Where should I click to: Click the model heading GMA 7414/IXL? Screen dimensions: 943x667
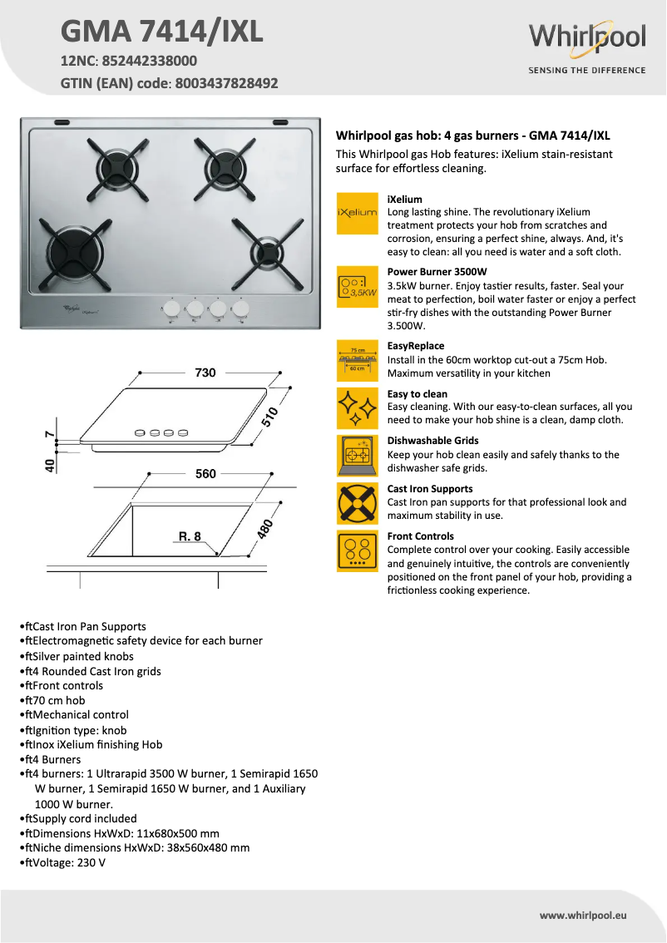(162, 32)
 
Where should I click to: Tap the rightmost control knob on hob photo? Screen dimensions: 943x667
(241, 309)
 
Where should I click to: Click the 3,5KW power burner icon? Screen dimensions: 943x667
(357, 287)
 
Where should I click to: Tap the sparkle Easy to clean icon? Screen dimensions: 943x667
(357, 407)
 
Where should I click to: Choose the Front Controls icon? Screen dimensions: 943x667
(357, 550)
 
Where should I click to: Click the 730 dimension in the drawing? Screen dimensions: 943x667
(205, 373)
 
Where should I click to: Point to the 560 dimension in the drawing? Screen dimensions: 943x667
(205, 474)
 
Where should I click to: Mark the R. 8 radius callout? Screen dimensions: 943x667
(190, 536)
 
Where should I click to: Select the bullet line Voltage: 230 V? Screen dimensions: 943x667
(67, 862)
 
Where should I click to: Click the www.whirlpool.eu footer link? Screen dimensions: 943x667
(582, 915)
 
